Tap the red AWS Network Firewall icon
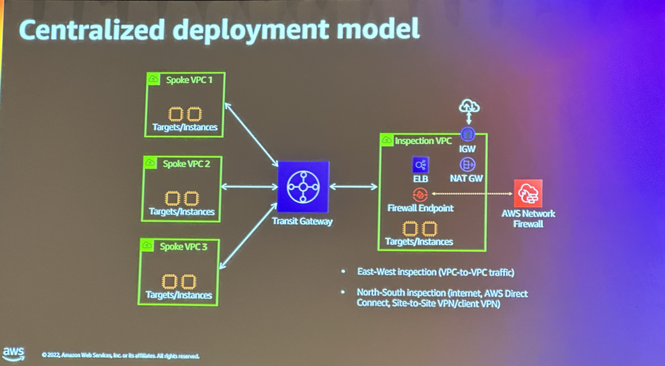pos(529,193)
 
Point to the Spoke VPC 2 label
pos(181,164)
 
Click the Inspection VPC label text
pos(423,141)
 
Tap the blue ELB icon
pos(420,164)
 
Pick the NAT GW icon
pos(468,164)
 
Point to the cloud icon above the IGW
pos(470,107)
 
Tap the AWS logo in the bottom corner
pos(14,352)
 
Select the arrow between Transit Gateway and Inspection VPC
pos(354,186)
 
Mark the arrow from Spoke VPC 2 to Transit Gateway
pos(249,186)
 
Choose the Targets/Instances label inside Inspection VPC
pos(418,242)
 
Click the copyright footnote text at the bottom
pos(121,356)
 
